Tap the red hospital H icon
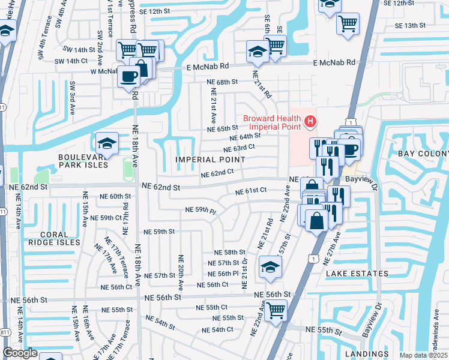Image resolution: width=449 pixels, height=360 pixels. pyautogui.click(x=310, y=122)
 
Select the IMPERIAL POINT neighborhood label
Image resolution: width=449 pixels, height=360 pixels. pyautogui.click(x=210, y=160)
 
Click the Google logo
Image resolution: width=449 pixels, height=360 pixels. pyautogui.click(x=20, y=353)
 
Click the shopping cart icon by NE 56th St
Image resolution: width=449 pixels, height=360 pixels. pyautogui.click(x=276, y=310)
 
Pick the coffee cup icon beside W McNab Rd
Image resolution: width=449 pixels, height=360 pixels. pyautogui.click(x=129, y=77)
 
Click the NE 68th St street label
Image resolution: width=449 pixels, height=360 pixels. pyautogui.click(x=223, y=81)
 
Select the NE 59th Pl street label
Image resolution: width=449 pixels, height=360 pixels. pyautogui.click(x=200, y=211)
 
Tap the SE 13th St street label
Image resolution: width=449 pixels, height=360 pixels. pyautogui.click(x=410, y=26)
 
